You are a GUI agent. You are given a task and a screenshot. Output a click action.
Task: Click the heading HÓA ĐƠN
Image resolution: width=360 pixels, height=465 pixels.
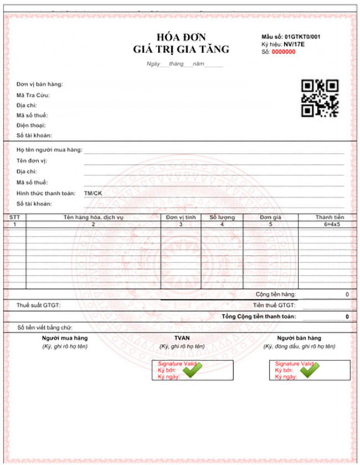click(181, 37)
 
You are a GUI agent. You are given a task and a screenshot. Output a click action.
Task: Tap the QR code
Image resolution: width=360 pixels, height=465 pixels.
click(320, 98)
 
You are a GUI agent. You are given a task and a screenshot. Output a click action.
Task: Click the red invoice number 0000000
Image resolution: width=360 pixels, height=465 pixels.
click(283, 52)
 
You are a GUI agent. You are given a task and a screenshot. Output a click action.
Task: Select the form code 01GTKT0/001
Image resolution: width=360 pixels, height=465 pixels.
click(302, 37)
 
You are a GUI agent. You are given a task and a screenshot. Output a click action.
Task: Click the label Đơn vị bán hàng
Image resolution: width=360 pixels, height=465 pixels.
click(39, 84)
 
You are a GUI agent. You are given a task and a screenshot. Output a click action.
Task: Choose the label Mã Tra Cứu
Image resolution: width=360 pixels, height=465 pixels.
click(34, 95)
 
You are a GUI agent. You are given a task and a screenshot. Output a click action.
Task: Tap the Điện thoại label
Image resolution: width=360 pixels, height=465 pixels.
click(32, 125)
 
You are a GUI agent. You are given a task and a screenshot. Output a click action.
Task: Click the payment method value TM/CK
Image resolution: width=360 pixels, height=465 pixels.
click(93, 192)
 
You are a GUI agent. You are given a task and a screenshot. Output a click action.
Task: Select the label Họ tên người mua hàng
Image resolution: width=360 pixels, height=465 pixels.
click(49, 150)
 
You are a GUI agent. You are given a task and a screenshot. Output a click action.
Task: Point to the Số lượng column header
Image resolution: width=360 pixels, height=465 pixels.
click(222, 218)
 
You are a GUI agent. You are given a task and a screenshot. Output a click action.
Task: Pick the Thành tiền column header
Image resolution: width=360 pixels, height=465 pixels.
click(330, 218)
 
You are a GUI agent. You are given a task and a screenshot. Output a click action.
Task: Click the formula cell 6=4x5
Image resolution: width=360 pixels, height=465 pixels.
click(330, 225)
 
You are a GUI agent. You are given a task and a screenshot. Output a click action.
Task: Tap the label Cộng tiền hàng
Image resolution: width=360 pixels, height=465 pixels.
click(275, 294)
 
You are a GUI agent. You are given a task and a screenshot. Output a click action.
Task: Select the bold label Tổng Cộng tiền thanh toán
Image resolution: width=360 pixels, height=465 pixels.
click(258, 316)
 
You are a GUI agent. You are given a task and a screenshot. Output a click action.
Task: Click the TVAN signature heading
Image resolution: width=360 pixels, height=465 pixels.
click(182, 338)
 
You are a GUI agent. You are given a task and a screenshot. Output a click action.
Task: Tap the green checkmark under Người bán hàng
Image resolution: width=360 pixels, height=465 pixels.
click(310, 370)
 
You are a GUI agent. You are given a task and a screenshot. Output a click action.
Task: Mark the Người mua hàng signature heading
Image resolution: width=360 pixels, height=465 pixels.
click(65, 338)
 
